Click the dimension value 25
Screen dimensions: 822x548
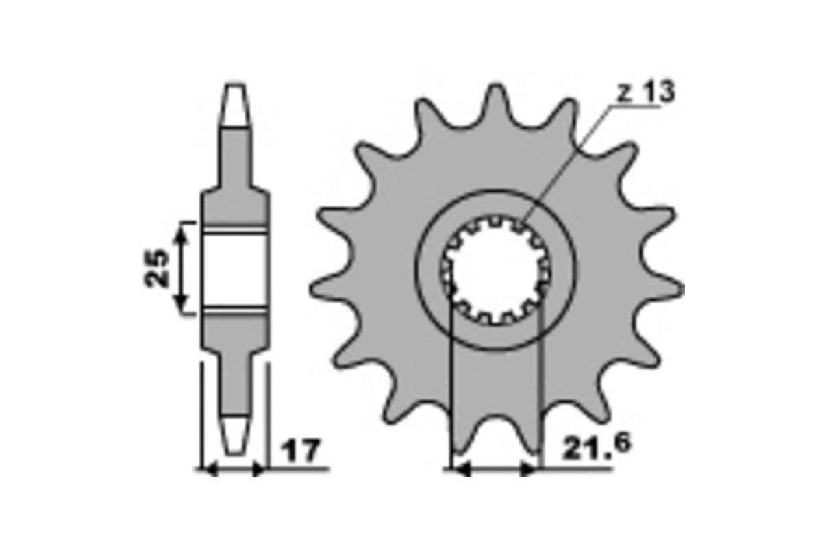[156, 268]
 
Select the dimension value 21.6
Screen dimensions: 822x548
[596, 446]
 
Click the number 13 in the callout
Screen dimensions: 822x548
[660, 92]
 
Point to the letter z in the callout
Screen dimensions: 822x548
[625, 95]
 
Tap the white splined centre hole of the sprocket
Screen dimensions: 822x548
[496, 271]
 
